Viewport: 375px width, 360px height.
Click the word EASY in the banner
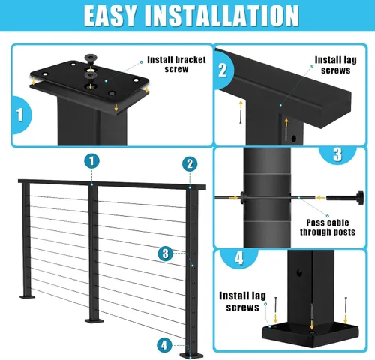pyautogui.click(x=111, y=16)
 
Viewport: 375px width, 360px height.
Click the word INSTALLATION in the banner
pyautogui.click(x=222, y=16)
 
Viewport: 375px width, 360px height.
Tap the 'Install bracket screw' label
pyautogui.click(x=176, y=64)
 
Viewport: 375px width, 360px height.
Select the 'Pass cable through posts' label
pyautogui.click(x=328, y=227)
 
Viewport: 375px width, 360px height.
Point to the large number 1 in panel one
pyautogui.click(x=19, y=115)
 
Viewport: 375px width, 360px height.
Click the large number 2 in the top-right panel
pyautogui.click(x=222, y=70)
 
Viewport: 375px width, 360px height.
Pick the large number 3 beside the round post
pyautogui.click(x=337, y=154)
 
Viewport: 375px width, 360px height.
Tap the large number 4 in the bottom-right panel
pyautogui.click(x=239, y=258)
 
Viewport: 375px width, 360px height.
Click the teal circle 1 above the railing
pyautogui.click(x=91, y=161)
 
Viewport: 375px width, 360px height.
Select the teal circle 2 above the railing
pyautogui.click(x=190, y=164)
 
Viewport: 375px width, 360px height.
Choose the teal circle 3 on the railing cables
pyautogui.click(x=166, y=253)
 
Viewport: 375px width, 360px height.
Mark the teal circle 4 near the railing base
pyautogui.click(x=164, y=345)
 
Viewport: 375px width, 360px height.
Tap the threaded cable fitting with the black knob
pyautogui.click(x=345, y=198)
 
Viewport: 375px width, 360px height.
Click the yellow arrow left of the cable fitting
pyautogui.click(x=321, y=198)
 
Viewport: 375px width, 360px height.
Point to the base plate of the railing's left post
pyautogui.click(x=28, y=297)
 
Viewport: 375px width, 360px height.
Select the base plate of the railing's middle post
pyautogui.click(x=94, y=320)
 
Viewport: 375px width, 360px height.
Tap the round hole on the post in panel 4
pyautogui.click(x=299, y=273)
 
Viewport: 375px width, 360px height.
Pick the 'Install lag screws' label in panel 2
pyautogui.click(x=335, y=65)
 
